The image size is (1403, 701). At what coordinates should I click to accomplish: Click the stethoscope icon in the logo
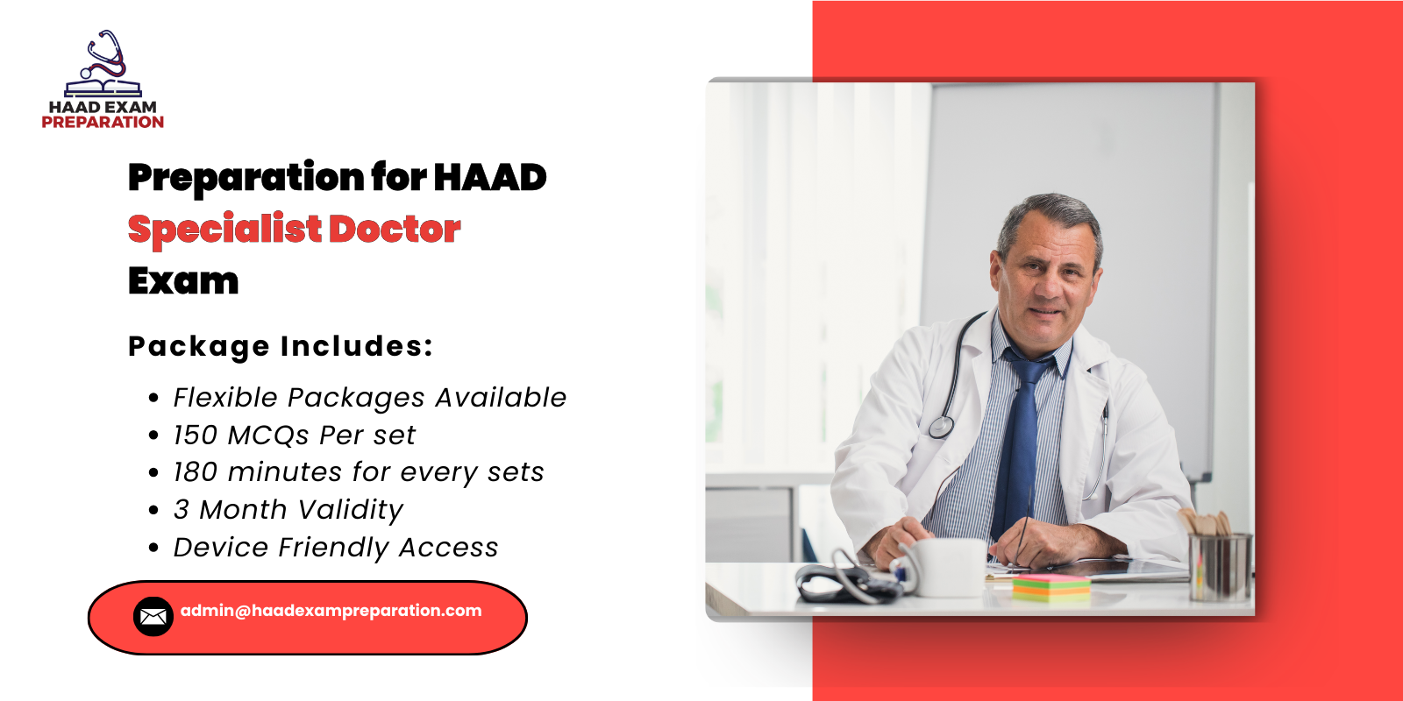[x=104, y=55]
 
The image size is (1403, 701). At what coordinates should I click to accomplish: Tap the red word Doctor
[x=395, y=230]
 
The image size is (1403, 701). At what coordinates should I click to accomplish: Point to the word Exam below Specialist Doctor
[x=183, y=281]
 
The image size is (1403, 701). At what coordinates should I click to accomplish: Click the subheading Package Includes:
[x=281, y=346]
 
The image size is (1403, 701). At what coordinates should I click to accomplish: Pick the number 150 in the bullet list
[x=195, y=435]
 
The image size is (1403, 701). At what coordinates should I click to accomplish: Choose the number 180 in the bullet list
[x=195, y=472]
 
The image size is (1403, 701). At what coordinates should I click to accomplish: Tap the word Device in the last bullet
[x=221, y=548]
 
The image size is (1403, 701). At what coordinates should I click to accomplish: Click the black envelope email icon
[x=153, y=616]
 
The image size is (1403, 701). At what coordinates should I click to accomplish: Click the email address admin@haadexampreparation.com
[x=331, y=611]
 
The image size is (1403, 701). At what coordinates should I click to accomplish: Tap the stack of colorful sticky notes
[x=1050, y=586]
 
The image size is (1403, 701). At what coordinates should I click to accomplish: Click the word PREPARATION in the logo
[x=103, y=123]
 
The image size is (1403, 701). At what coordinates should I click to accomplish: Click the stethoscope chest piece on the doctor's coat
[x=941, y=427]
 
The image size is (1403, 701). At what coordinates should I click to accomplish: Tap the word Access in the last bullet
[x=448, y=548]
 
